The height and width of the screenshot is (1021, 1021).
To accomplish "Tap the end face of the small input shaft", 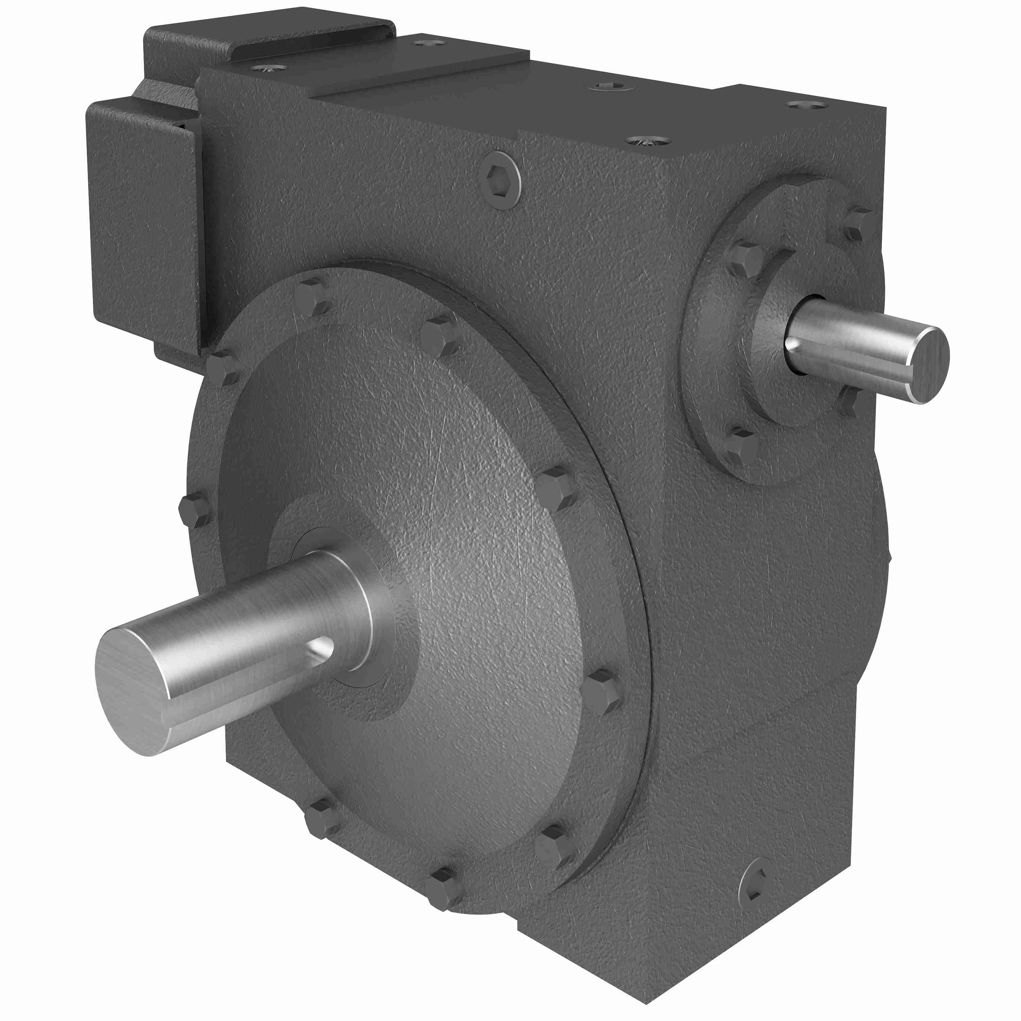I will click(927, 364).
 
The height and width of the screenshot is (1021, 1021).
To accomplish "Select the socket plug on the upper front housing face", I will click(502, 180).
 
